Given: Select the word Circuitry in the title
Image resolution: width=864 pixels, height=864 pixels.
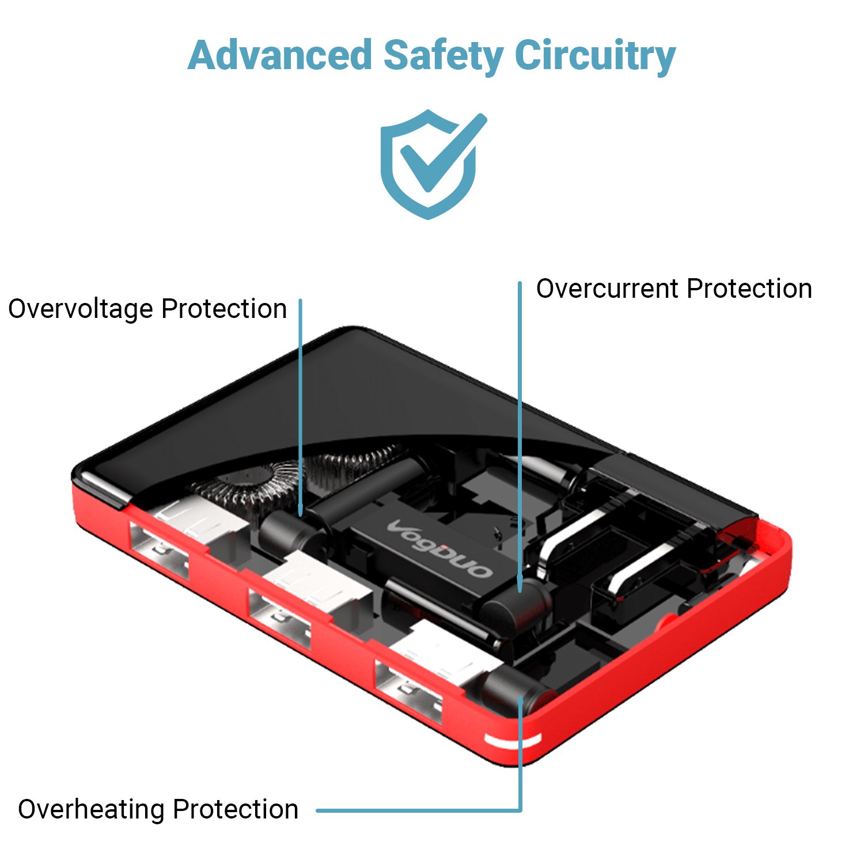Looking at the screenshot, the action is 594,55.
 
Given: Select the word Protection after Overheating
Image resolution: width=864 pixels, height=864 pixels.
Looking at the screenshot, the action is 236,809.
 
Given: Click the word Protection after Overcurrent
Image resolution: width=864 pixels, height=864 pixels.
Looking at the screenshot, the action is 749,289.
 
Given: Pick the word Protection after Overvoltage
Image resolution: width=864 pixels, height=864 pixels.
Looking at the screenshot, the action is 224,309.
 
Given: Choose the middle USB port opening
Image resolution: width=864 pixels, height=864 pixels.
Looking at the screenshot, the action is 279,620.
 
